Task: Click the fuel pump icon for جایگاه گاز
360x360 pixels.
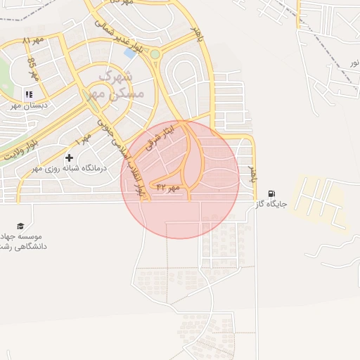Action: point(272,193)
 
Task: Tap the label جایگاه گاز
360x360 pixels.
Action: point(272,205)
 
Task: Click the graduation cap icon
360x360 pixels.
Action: point(20,225)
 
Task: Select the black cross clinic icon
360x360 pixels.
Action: point(69,158)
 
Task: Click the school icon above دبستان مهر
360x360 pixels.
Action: point(29,94)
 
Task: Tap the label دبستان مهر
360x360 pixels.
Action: point(27,105)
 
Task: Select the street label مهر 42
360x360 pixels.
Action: point(168,188)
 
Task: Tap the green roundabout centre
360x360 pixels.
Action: point(155,54)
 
